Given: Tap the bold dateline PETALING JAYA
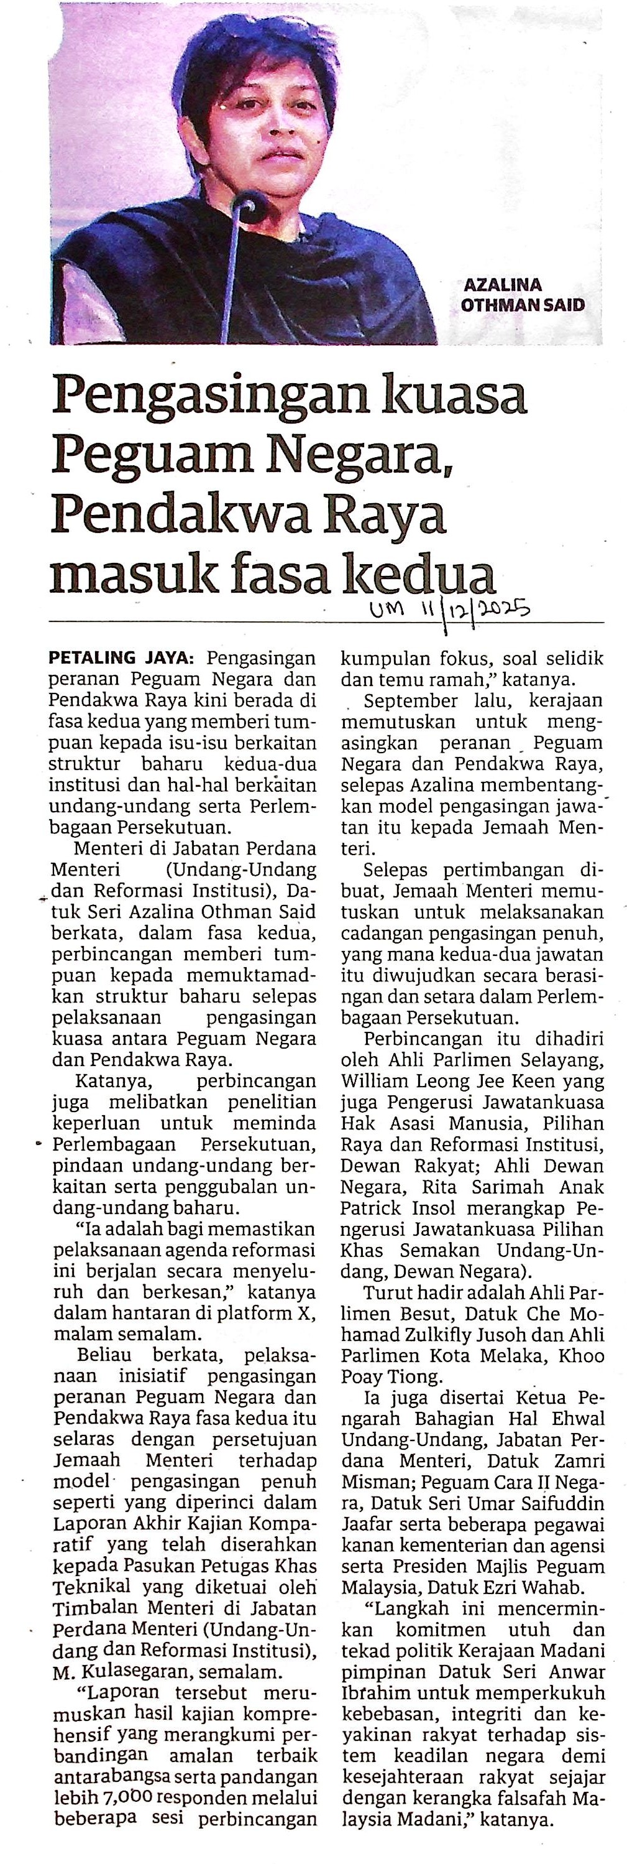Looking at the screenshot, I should click(x=122, y=659).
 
